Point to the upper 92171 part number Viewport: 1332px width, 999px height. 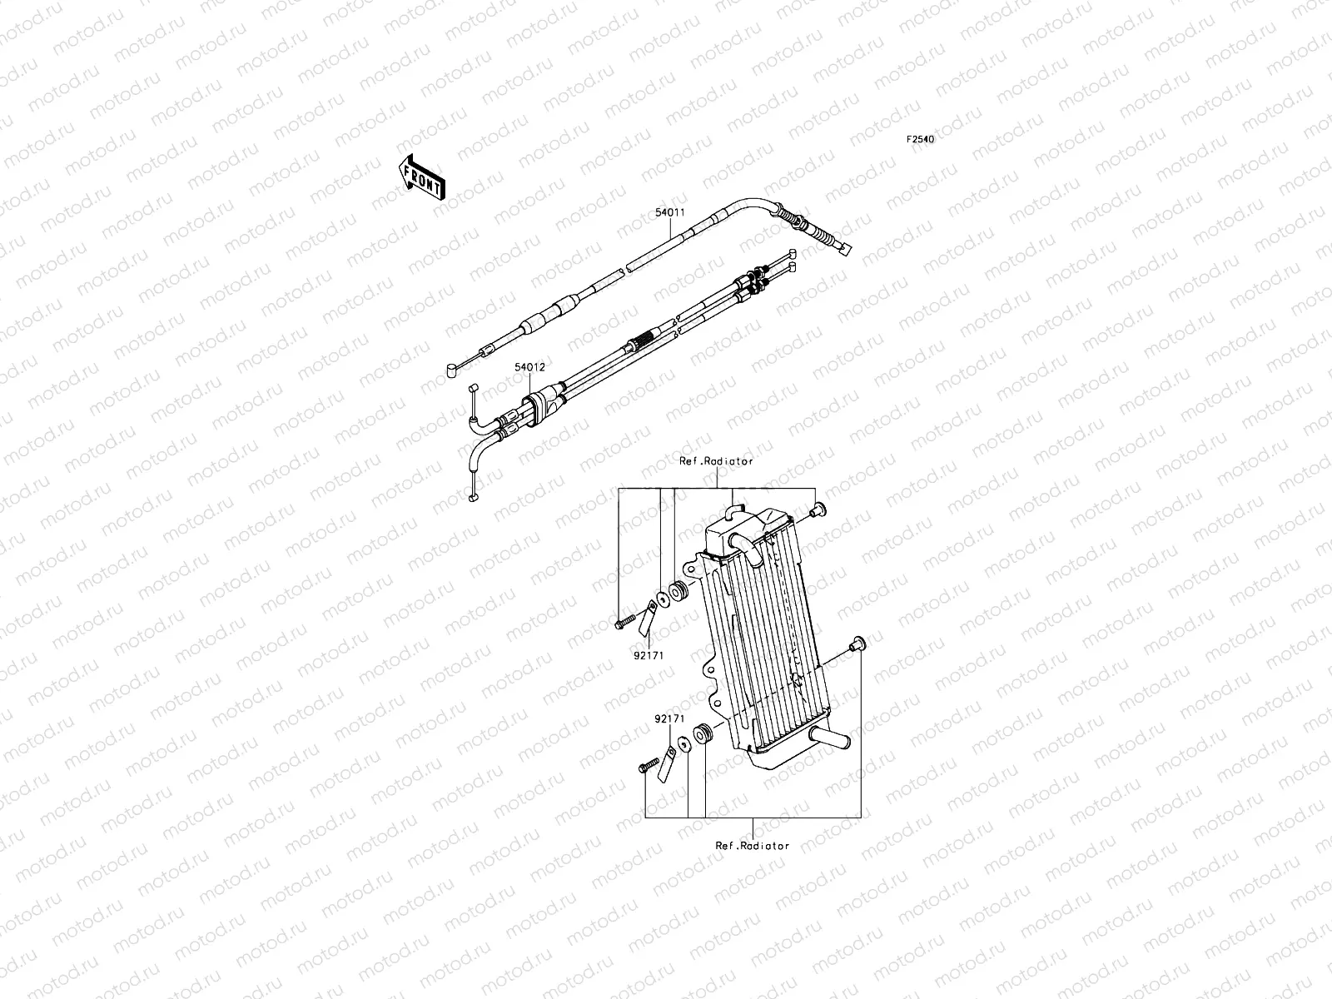637,654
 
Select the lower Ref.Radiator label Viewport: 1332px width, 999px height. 752,845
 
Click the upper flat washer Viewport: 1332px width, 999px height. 662,598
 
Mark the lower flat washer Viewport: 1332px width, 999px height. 683,743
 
